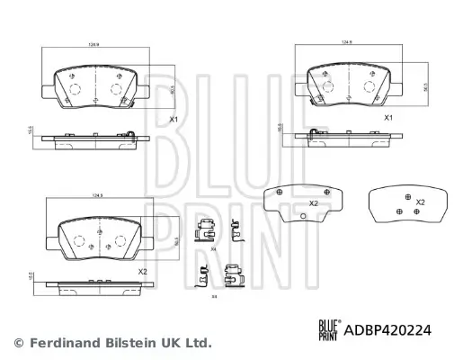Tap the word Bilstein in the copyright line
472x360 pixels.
[x=129, y=342]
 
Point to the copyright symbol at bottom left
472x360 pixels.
[x=17, y=342]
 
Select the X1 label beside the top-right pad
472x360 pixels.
[x=389, y=117]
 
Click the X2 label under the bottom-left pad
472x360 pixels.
[x=141, y=272]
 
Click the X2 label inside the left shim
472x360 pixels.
[x=314, y=203]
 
